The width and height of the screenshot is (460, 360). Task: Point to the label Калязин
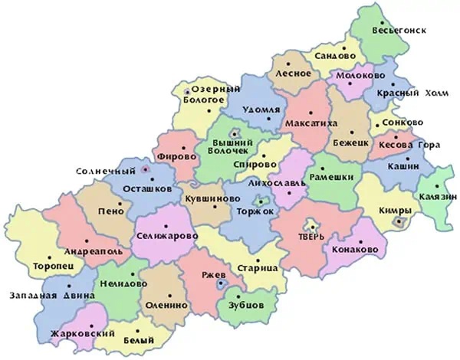coord(432,198)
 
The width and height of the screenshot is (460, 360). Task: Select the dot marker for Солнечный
coord(146,169)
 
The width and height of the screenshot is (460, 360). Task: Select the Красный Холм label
coord(409,93)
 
